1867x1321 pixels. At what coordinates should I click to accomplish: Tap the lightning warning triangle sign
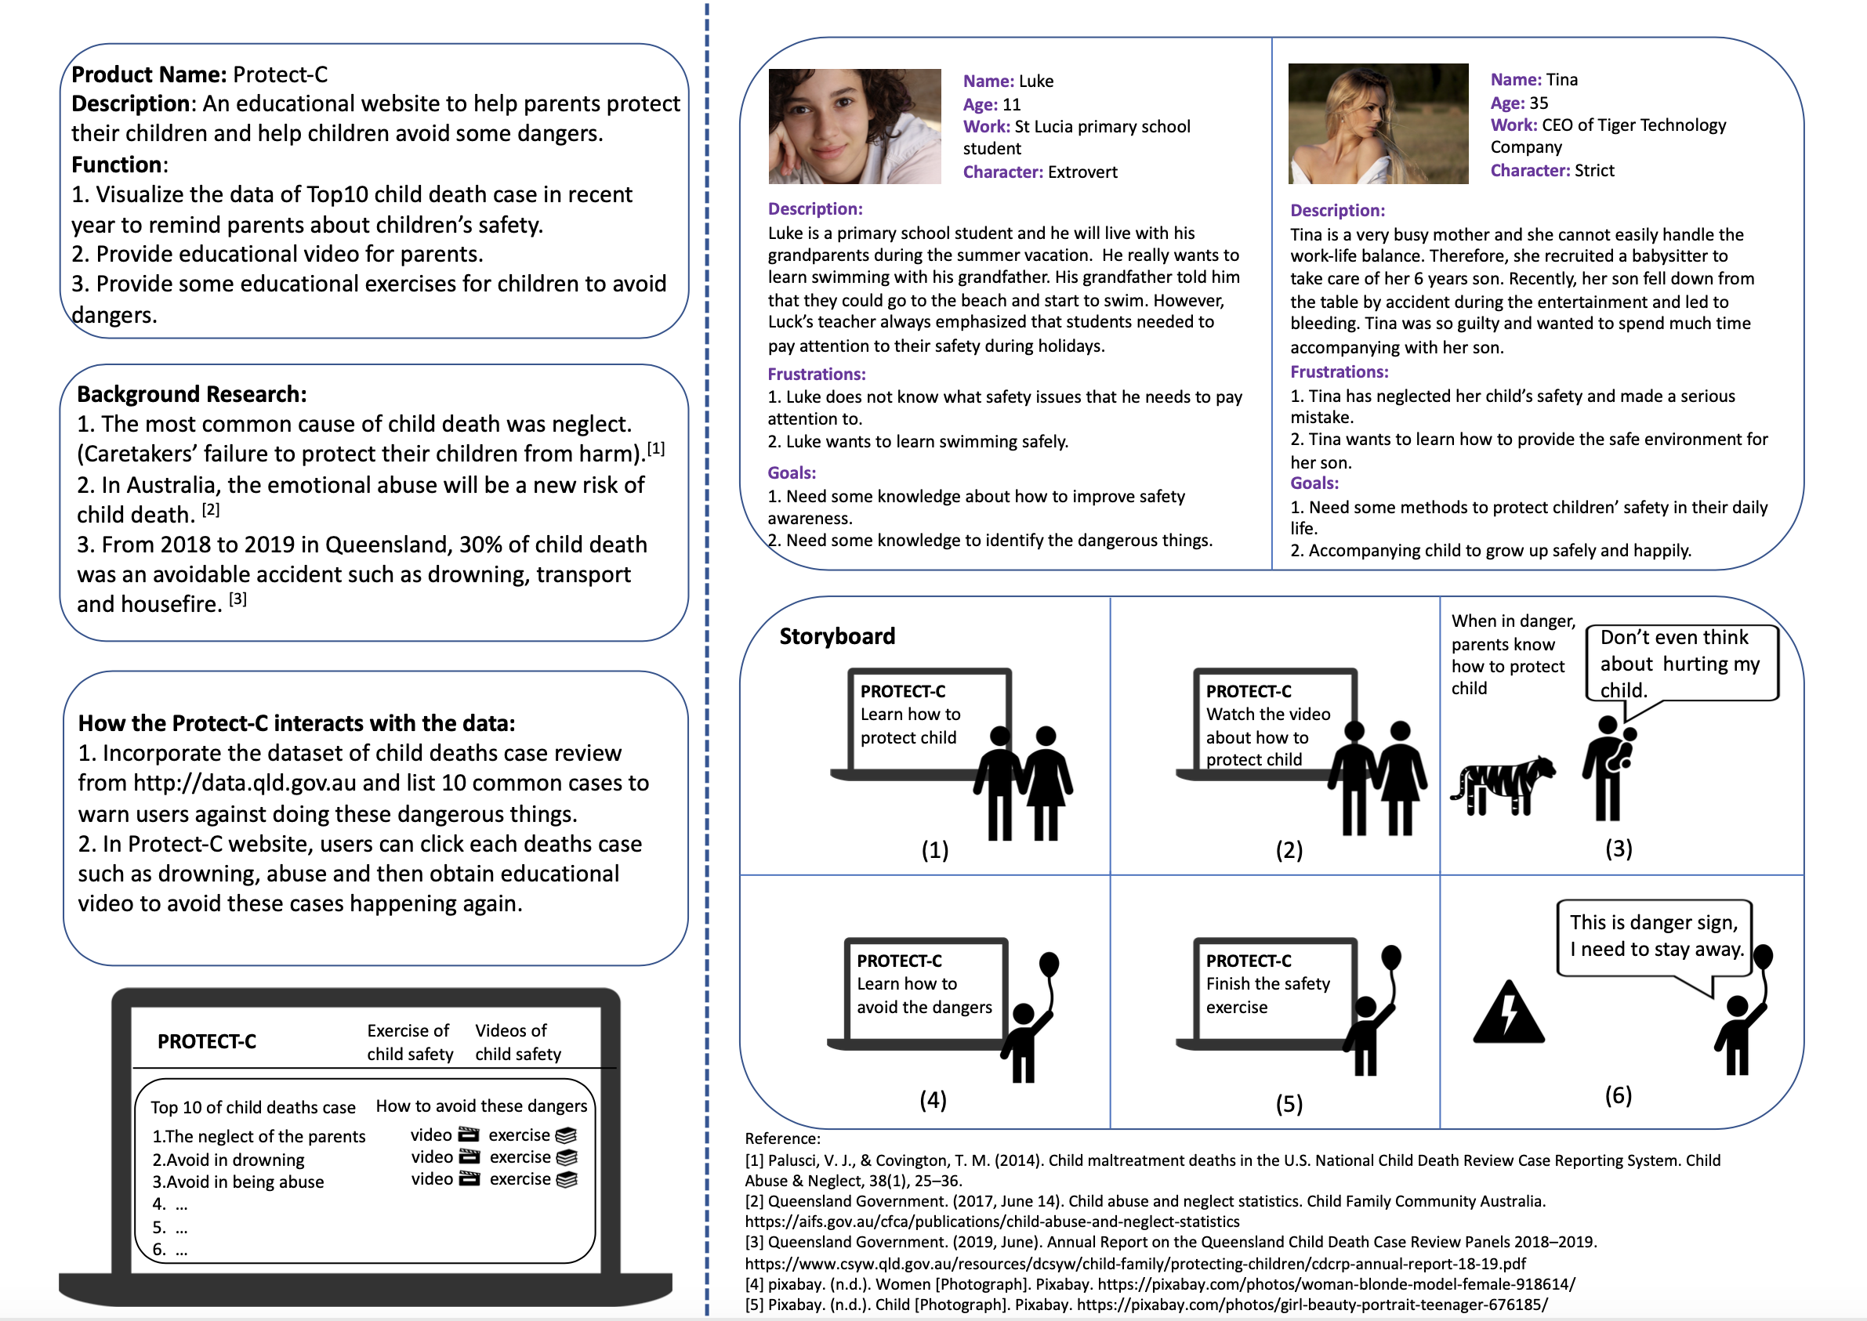[1508, 1014]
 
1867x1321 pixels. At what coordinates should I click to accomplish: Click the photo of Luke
[854, 126]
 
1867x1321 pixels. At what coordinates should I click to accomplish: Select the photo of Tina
[1378, 124]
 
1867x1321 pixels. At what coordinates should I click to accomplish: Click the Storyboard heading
[836, 636]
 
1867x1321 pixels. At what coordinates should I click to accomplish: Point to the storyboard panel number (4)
[932, 1100]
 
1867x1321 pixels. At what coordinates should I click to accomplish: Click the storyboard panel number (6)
[1617, 1095]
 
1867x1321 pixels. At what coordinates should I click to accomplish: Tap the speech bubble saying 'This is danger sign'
[1654, 936]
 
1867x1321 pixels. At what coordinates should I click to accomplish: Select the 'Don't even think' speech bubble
[1681, 663]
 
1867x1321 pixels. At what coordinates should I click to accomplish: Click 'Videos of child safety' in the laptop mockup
[517, 1042]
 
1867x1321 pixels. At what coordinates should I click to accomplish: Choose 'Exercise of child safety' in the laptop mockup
[409, 1042]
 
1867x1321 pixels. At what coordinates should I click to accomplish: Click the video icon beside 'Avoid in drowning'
[469, 1156]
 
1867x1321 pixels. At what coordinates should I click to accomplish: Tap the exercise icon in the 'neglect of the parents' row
[566, 1135]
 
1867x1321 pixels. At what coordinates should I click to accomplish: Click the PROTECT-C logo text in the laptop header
[207, 1042]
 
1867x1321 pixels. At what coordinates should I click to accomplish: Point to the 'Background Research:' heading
[191, 395]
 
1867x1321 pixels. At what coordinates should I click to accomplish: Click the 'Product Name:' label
[149, 75]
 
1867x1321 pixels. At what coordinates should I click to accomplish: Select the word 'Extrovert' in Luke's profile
[1082, 172]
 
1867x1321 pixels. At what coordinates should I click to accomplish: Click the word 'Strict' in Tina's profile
[1593, 170]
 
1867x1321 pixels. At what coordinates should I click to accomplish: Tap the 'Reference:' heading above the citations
[781, 1138]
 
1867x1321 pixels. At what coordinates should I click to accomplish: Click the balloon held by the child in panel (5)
[1391, 957]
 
